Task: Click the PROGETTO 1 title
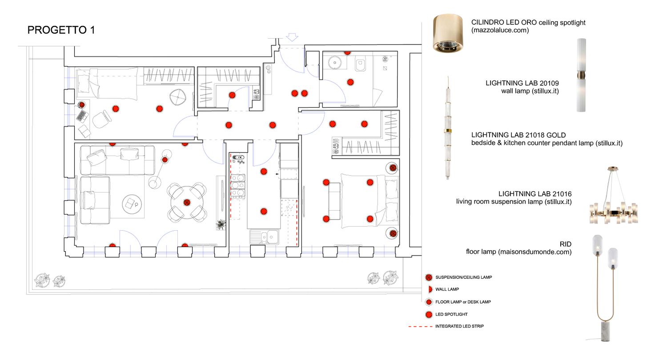tap(61, 30)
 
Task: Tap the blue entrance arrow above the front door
tap(292, 37)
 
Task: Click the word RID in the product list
tap(566, 244)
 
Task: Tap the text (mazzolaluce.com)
tap(500, 31)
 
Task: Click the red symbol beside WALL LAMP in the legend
tap(429, 289)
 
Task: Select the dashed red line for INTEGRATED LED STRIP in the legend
tap(420, 326)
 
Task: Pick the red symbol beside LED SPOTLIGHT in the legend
tap(429, 315)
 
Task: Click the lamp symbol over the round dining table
tap(187, 203)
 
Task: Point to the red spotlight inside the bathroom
tap(350, 82)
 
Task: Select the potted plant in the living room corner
tap(221, 225)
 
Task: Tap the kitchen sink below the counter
tap(265, 236)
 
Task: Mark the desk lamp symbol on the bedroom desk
tap(82, 105)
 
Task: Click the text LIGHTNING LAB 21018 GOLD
tap(518, 135)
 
